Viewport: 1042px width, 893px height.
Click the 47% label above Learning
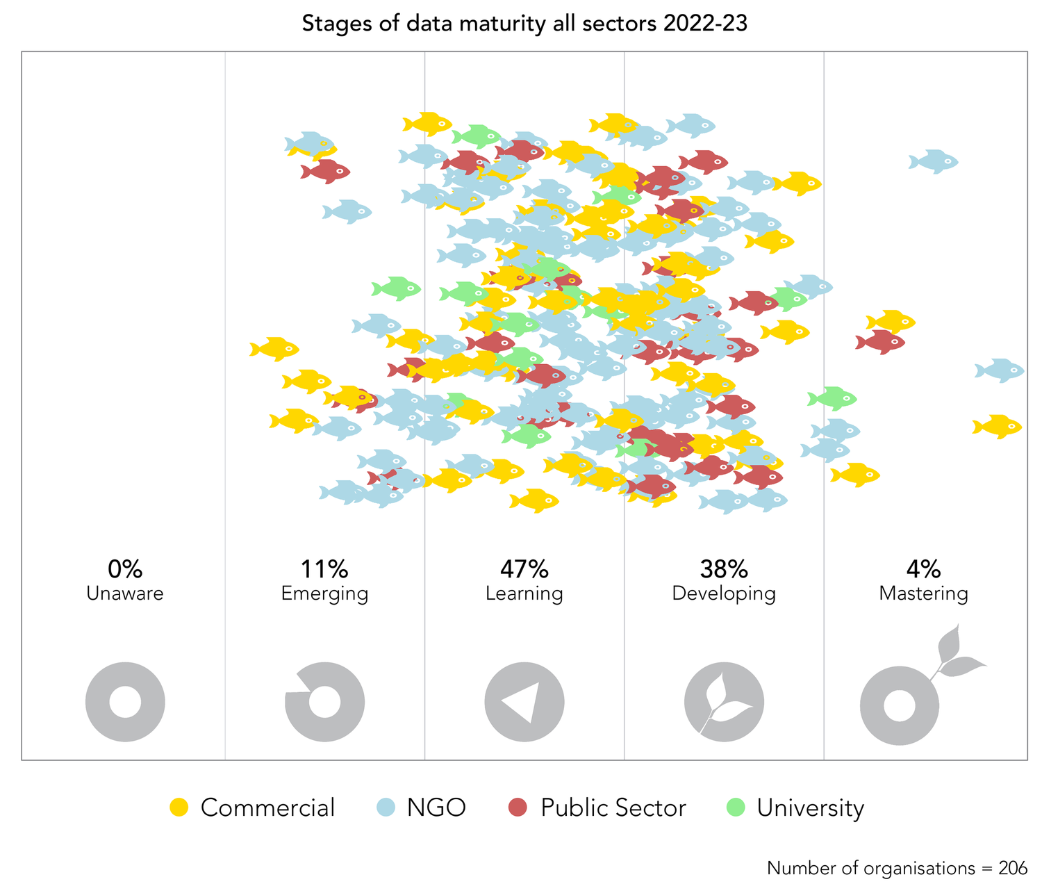coord(524,569)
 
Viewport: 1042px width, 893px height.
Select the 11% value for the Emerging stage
coord(324,569)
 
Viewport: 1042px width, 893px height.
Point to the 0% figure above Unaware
coord(125,569)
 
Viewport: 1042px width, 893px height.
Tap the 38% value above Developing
coord(723,569)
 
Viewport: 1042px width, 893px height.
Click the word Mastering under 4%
coord(923,594)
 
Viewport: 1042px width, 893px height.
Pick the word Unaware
coord(125,594)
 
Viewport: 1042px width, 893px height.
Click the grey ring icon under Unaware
coord(125,702)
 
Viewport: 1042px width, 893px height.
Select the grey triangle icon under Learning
coord(524,702)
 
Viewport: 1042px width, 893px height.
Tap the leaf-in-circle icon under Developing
coord(723,702)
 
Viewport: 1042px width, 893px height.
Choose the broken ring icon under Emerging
coord(324,702)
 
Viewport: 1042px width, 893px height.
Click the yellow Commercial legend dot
coord(179,808)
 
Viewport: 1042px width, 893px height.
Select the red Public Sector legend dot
coord(518,808)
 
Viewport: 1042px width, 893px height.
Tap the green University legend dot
coord(735,808)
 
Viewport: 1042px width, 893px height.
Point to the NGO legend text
coord(436,808)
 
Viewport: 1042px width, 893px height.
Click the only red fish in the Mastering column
coord(881,341)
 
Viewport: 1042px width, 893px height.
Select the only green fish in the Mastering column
coord(832,398)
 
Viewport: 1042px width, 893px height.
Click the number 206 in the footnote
coord(1013,868)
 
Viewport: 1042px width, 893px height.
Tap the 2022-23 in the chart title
coord(705,24)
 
